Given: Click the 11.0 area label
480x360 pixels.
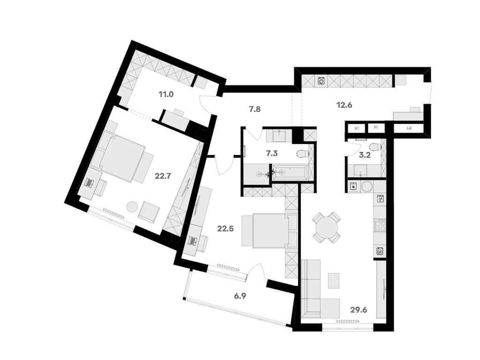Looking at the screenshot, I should pos(166,94).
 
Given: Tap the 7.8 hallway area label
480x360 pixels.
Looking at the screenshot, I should pos(255,109).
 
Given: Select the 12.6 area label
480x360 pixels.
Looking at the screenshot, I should pos(344,105).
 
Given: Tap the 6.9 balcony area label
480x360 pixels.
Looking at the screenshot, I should pos(240,296).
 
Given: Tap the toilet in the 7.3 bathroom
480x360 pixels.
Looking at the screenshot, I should pos(302,153).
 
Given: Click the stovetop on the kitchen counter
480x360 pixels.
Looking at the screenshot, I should pos(380,225).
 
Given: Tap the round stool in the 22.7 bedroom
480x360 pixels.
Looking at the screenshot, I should pos(132,206).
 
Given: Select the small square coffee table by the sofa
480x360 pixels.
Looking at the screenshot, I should pos(334,281).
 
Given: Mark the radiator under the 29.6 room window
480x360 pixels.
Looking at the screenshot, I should pos(347,321).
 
